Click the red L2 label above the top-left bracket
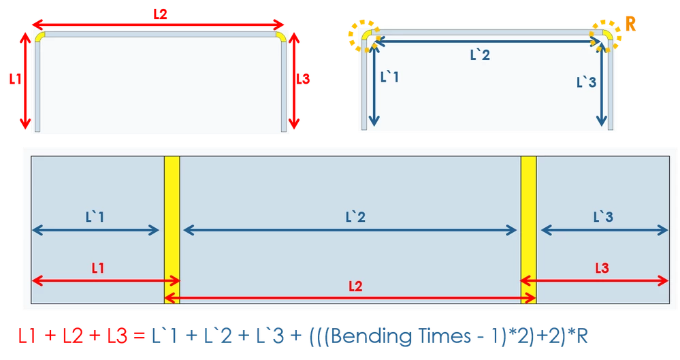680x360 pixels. coord(160,14)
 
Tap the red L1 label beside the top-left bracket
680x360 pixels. coord(15,79)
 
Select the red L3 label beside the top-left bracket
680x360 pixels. coord(303,79)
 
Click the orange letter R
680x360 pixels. coord(630,24)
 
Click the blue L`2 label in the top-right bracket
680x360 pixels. coord(480,55)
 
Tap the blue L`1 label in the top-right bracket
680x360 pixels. coord(389,77)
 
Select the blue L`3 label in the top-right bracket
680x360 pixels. coord(586,82)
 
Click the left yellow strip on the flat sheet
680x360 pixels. coord(172,230)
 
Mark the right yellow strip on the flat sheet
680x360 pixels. coord(529,230)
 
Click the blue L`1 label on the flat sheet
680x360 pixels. coord(95,216)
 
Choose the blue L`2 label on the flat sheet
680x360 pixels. coord(355,216)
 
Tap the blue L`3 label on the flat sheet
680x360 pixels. coord(603,216)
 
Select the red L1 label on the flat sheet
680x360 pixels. coord(98,268)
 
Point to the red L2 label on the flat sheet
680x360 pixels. coord(355,287)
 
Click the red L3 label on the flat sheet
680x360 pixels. coord(602,268)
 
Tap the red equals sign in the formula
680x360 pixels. coord(139,337)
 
